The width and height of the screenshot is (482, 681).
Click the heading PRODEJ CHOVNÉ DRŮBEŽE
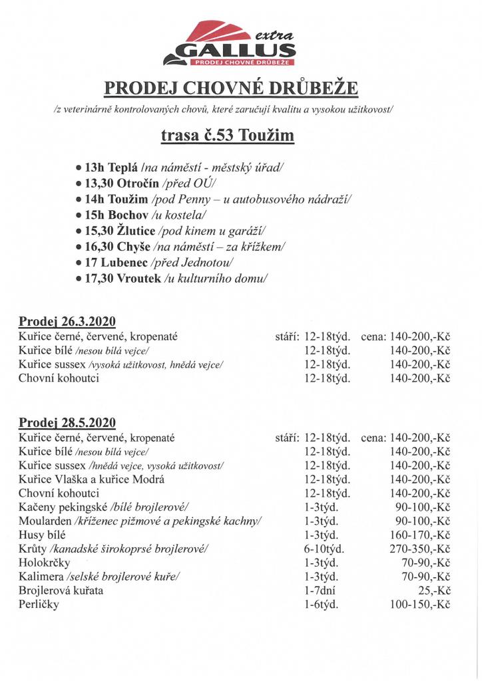[x=232, y=88]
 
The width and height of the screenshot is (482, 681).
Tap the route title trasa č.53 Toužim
[x=227, y=136]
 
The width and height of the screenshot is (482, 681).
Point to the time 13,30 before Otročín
[x=99, y=183]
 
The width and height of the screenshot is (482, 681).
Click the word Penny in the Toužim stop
[x=202, y=199]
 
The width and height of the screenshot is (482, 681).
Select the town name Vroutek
[x=138, y=279]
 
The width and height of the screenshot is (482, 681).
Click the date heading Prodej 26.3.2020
[x=67, y=322]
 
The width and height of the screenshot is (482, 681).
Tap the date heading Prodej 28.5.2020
[x=67, y=422]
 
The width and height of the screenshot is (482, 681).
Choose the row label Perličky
[x=39, y=605]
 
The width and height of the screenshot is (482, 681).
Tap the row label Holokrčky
[x=44, y=563]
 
